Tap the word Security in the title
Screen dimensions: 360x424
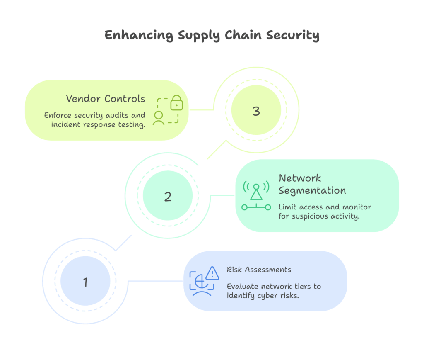click(x=292, y=35)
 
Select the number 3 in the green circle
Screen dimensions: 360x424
click(x=256, y=111)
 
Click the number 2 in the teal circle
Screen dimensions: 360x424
click(x=168, y=196)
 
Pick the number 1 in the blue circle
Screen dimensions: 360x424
click(x=85, y=282)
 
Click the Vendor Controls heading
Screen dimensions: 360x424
click(x=106, y=99)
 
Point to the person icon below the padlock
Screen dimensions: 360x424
click(x=158, y=118)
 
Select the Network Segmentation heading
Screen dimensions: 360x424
click(x=312, y=184)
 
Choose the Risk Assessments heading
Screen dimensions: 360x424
click(x=259, y=270)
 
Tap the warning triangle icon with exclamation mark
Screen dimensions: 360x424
click(x=212, y=273)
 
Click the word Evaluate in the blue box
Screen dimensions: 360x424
click(x=241, y=287)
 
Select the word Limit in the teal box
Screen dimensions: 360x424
click(x=287, y=207)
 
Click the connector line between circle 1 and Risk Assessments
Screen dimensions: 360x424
click(x=155, y=281)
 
